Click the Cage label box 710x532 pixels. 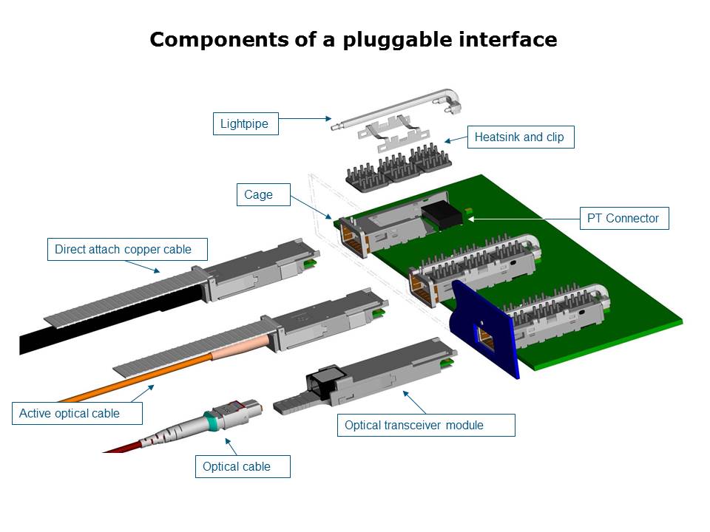[258, 195]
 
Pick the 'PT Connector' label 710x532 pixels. [623, 219]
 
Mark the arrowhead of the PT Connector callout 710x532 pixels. [470, 219]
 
